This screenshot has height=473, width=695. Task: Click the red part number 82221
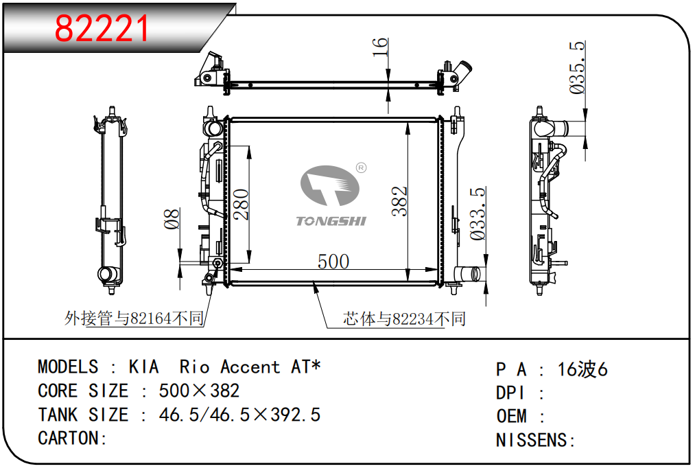click(x=102, y=28)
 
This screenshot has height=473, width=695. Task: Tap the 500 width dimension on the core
click(x=333, y=262)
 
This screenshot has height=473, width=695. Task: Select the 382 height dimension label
click(x=399, y=201)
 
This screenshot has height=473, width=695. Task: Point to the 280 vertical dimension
click(x=241, y=204)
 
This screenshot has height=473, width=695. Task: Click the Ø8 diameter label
click(x=172, y=218)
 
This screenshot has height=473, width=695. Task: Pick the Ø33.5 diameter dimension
click(x=478, y=214)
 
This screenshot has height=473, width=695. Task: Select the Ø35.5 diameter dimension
click(x=577, y=67)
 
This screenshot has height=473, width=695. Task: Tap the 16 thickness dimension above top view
click(x=380, y=47)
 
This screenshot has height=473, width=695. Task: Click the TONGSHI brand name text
click(x=331, y=221)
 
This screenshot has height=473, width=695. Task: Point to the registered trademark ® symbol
click(x=362, y=168)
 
